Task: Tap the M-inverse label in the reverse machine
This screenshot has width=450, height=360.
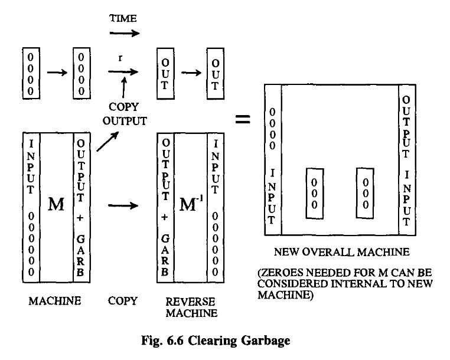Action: [191, 207]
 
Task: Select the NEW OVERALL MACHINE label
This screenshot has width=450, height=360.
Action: [341, 253]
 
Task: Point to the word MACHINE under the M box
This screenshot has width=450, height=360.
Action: [54, 301]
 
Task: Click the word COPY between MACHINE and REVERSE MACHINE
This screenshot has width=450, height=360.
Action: [123, 301]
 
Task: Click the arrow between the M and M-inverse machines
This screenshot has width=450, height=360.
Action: [123, 207]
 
